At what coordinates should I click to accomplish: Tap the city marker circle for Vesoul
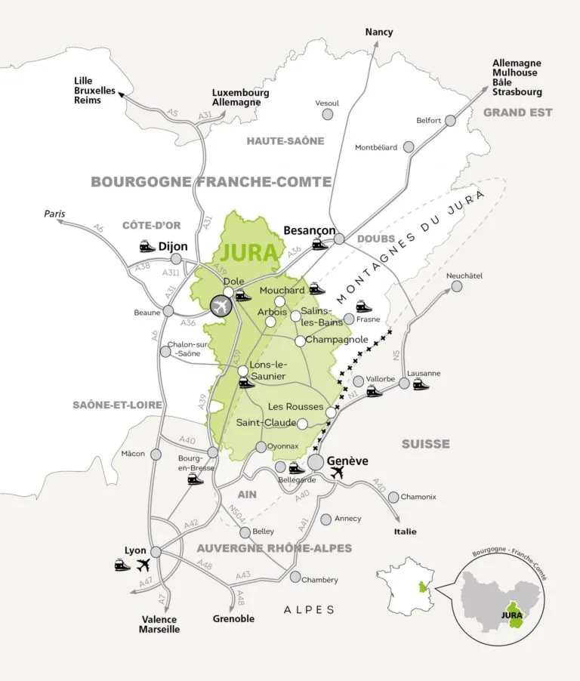pos(328,114)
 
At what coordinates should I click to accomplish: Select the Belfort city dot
pos(450,120)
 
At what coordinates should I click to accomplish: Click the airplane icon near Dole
pos(221,306)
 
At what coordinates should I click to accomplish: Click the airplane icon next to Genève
pos(337,473)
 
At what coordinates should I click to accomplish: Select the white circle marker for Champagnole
pos(300,340)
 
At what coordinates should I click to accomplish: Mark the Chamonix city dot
pos(393,497)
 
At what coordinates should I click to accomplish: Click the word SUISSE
pos(425,444)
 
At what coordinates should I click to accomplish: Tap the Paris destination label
pos(54,214)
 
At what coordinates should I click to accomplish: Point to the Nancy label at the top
pos(378,32)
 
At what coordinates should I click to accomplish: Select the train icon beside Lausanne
pos(421,384)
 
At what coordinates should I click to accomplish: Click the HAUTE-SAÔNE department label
pos(285,140)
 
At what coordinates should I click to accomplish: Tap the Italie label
pos(405,532)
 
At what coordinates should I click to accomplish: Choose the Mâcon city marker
pos(156,455)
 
